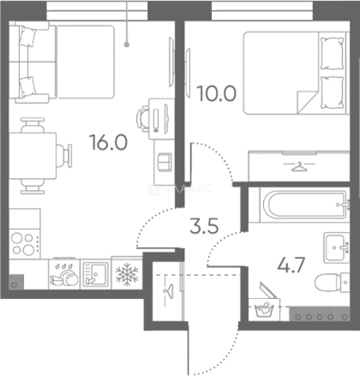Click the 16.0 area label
coord(108,142)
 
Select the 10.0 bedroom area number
coord(216,94)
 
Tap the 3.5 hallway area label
coord(204,225)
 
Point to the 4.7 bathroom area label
coord(291,265)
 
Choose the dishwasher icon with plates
coord(64,274)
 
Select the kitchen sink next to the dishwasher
coord(96,274)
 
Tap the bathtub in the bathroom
coord(305,204)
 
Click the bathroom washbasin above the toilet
coord(336,248)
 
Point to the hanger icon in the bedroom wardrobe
coord(299,166)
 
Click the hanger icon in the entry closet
coord(168,290)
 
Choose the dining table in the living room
coord(33,156)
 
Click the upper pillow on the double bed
coord(332,53)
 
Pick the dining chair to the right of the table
coord(64,156)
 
